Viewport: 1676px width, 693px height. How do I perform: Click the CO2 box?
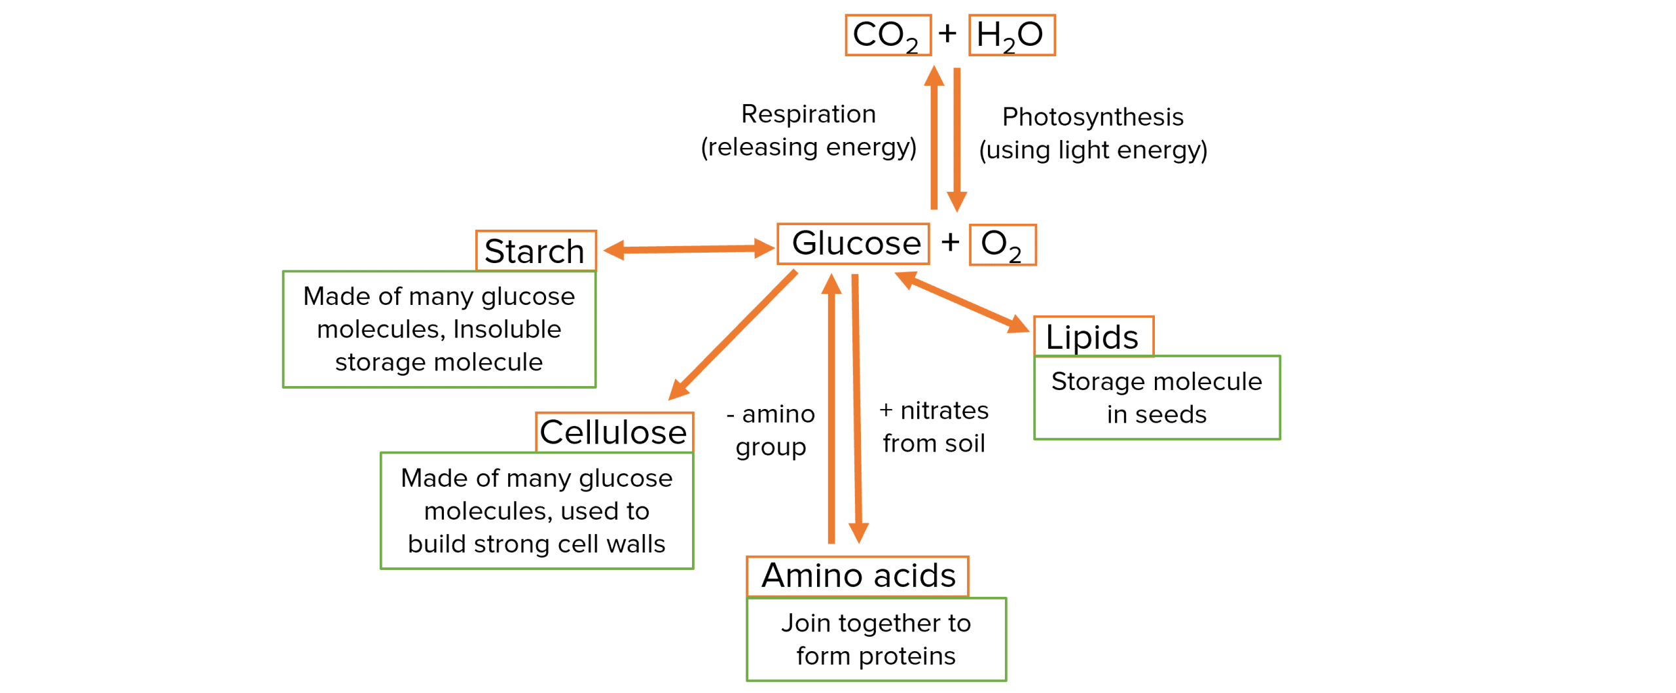888,35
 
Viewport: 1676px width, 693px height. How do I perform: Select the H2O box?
1011,35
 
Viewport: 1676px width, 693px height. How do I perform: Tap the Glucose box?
853,244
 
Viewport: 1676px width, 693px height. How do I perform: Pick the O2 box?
1002,245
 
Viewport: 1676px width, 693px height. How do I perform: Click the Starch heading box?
536,251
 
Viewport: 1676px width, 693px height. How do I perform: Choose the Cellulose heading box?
613,432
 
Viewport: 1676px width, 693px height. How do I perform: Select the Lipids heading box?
1093,337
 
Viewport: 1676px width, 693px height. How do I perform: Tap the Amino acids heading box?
858,576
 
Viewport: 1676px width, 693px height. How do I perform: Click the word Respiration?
809,115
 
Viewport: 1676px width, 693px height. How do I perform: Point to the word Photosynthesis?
1093,117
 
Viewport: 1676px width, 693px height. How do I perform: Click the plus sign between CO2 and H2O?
947,33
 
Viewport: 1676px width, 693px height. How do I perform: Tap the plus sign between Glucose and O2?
950,243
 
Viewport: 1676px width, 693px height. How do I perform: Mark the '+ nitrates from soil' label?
934,427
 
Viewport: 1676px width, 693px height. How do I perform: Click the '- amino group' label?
771,431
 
